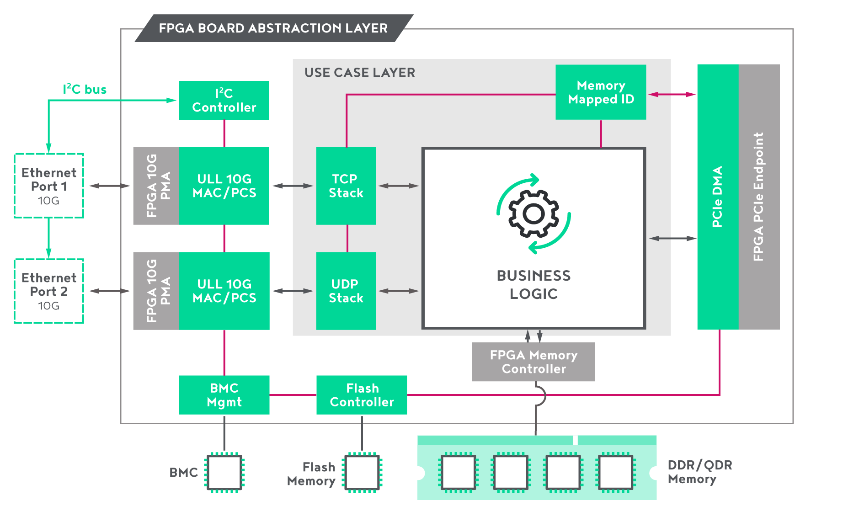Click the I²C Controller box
[224, 100]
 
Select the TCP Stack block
[346, 186]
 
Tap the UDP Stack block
[346, 291]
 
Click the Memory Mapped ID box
[600, 92]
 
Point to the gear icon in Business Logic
[534, 213]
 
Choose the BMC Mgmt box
[224, 395]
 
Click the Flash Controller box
[362, 395]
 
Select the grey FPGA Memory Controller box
[533, 362]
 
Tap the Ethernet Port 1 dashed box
[49, 186]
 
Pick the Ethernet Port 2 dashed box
[49, 291]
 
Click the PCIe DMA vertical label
[717, 197]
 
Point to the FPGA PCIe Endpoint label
[758, 197]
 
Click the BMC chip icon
[224, 472]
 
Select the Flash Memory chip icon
[362, 472]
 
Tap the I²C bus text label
[85, 89]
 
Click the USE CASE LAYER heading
[360, 73]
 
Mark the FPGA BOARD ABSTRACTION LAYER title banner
[273, 28]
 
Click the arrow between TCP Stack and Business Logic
[398, 186]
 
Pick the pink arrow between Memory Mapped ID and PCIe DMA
[672, 95]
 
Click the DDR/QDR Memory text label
[699, 472]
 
